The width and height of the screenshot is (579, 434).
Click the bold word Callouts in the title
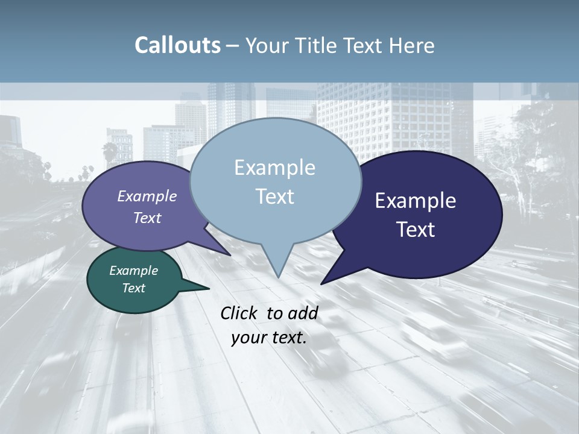click(x=177, y=45)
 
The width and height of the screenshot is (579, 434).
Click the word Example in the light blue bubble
click(x=274, y=168)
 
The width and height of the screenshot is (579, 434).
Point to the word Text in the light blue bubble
click(x=274, y=197)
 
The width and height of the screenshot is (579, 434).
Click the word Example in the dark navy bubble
click(x=416, y=201)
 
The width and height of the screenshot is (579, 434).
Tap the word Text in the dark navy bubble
click(x=416, y=230)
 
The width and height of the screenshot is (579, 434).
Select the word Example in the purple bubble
click(x=147, y=196)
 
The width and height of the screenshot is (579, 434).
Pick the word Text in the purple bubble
click(x=147, y=218)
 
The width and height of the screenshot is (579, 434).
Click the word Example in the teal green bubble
click(x=133, y=271)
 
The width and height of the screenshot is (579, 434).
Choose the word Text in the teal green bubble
click(x=133, y=288)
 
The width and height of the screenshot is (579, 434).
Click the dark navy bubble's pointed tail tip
click(x=321, y=283)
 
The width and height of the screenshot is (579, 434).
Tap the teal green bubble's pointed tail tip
click(x=209, y=289)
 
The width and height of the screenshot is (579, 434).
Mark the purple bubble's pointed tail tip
click(x=230, y=255)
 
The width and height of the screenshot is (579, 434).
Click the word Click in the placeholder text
click(x=240, y=313)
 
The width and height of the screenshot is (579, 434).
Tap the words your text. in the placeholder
click(x=269, y=338)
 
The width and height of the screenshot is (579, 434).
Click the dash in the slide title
click(x=232, y=46)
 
